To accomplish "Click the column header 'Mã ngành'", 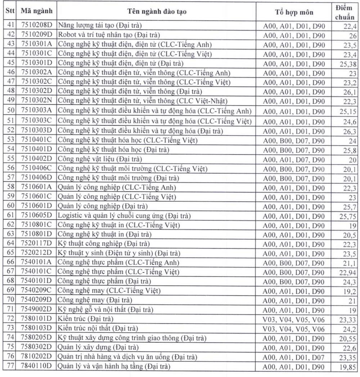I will (x=36, y=11).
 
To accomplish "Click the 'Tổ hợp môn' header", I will (x=294, y=12).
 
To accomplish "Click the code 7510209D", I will (x=37, y=35).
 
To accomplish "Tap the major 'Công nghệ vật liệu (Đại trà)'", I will (x=99, y=159).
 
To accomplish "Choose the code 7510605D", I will (x=37, y=216).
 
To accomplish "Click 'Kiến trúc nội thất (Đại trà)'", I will (x=98, y=328).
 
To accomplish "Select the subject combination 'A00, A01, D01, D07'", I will (x=294, y=356).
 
